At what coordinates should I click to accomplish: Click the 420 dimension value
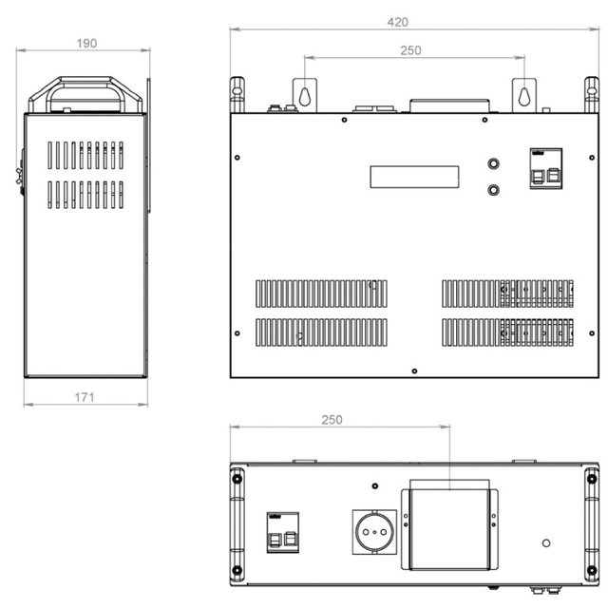point(397,22)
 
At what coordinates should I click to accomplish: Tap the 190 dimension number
point(86,43)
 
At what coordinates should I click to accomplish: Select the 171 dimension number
point(85,397)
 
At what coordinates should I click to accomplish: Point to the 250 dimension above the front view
point(410,50)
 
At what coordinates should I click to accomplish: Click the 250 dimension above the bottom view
point(332,420)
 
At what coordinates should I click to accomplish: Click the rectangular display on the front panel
point(414,177)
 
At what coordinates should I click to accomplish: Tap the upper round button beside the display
point(493,163)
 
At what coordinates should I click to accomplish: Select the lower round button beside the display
point(493,190)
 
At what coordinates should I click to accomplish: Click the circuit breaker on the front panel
point(546,169)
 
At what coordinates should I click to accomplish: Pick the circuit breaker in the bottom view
point(283,532)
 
